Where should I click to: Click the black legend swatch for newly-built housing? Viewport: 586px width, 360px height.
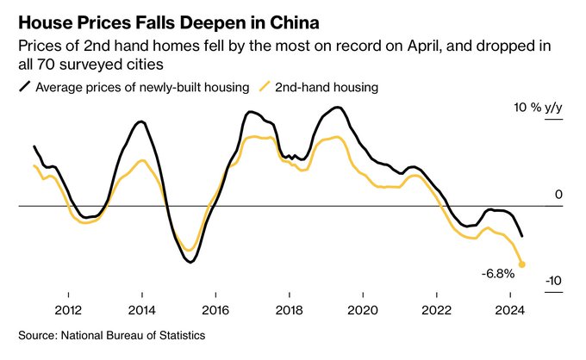tap(25, 86)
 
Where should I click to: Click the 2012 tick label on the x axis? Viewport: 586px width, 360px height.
tap(68, 309)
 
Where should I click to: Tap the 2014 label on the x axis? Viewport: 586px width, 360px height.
tap(141, 309)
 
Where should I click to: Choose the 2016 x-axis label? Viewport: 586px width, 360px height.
tap(215, 309)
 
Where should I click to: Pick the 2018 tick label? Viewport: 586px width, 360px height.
tap(289, 309)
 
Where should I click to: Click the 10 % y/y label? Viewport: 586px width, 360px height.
tap(538, 108)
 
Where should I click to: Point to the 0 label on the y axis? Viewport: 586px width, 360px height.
tap(558, 196)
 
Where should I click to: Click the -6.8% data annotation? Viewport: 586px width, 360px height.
tap(498, 274)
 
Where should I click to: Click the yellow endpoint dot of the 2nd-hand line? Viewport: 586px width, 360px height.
tap(522, 264)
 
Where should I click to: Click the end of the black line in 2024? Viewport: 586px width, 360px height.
tap(522, 236)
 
